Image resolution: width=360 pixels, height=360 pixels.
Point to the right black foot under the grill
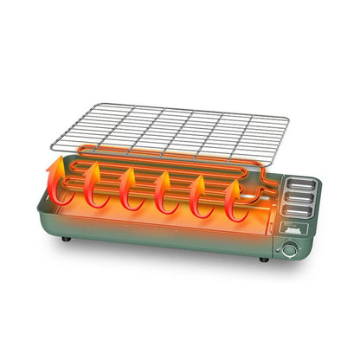tap(262, 257)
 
